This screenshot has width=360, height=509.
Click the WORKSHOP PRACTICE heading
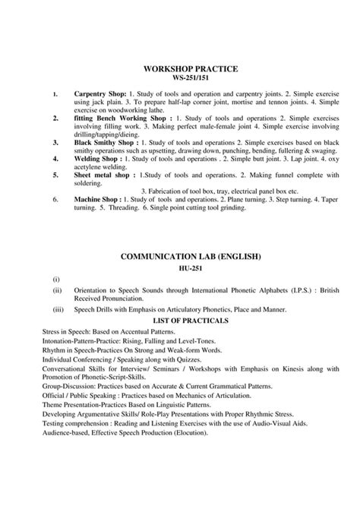pyautogui.click(x=180, y=69)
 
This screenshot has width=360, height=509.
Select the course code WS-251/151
pyautogui.click(x=180, y=78)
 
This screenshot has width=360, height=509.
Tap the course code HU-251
pyautogui.click(x=180, y=270)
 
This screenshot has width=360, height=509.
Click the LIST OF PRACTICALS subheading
pyautogui.click(x=180, y=321)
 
